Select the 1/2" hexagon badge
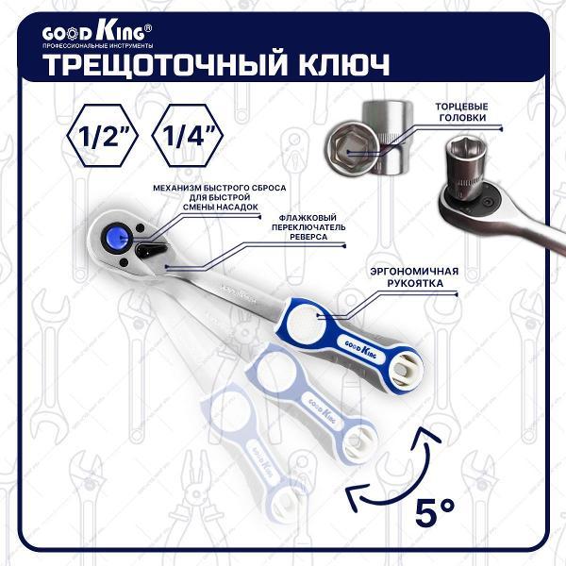[102, 136]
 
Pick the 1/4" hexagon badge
[187, 136]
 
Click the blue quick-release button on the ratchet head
[119, 237]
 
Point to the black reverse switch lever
[152, 250]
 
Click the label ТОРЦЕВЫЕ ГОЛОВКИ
[461, 112]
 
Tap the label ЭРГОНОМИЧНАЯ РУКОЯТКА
[415, 277]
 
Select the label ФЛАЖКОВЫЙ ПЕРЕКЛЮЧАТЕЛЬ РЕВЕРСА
[308, 227]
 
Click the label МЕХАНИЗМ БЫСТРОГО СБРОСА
[220, 188]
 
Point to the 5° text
[435, 512]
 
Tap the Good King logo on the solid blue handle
[360, 349]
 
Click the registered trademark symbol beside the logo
[148, 28]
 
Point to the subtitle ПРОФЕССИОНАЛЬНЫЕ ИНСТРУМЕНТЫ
[97, 46]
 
